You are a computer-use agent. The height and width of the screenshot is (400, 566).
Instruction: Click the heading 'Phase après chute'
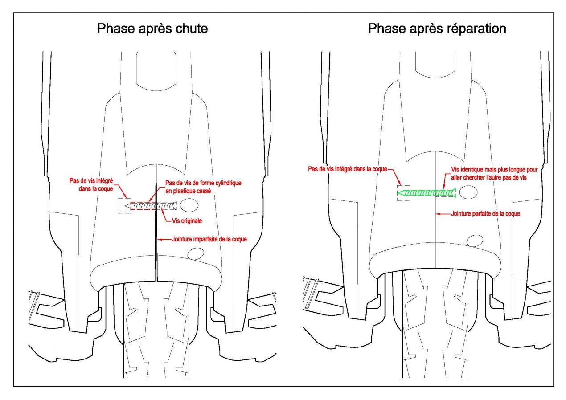click(152, 29)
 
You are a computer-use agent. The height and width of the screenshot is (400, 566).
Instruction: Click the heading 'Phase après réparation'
click(437, 29)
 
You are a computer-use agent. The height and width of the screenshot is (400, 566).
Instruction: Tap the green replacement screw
click(427, 193)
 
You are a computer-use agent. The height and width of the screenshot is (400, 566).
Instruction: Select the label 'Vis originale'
click(187, 221)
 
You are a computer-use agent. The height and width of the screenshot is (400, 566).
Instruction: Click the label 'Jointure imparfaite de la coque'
click(209, 239)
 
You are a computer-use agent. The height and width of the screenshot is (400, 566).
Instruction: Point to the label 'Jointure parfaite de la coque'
click(486, 214)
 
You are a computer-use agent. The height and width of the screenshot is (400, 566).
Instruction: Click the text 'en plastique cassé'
click(188, 191)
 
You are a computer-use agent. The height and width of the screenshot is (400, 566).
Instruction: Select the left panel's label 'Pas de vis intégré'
click(91, 181)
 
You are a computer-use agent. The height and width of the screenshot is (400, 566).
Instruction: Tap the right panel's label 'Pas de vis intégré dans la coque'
click(348, 169)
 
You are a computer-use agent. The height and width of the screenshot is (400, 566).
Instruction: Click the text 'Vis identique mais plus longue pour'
click(494, 169)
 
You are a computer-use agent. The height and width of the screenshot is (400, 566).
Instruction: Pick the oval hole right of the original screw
click(189, 205)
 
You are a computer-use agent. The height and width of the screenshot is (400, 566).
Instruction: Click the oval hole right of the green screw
click(468, 192)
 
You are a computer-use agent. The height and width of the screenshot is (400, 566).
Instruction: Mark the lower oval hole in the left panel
click(196, 253)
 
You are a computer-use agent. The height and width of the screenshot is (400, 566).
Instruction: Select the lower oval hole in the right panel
click(475, 241)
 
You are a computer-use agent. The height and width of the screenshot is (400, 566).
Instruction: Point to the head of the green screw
click(454, 193)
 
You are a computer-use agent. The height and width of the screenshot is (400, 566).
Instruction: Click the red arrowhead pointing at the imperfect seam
click(160, 239)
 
